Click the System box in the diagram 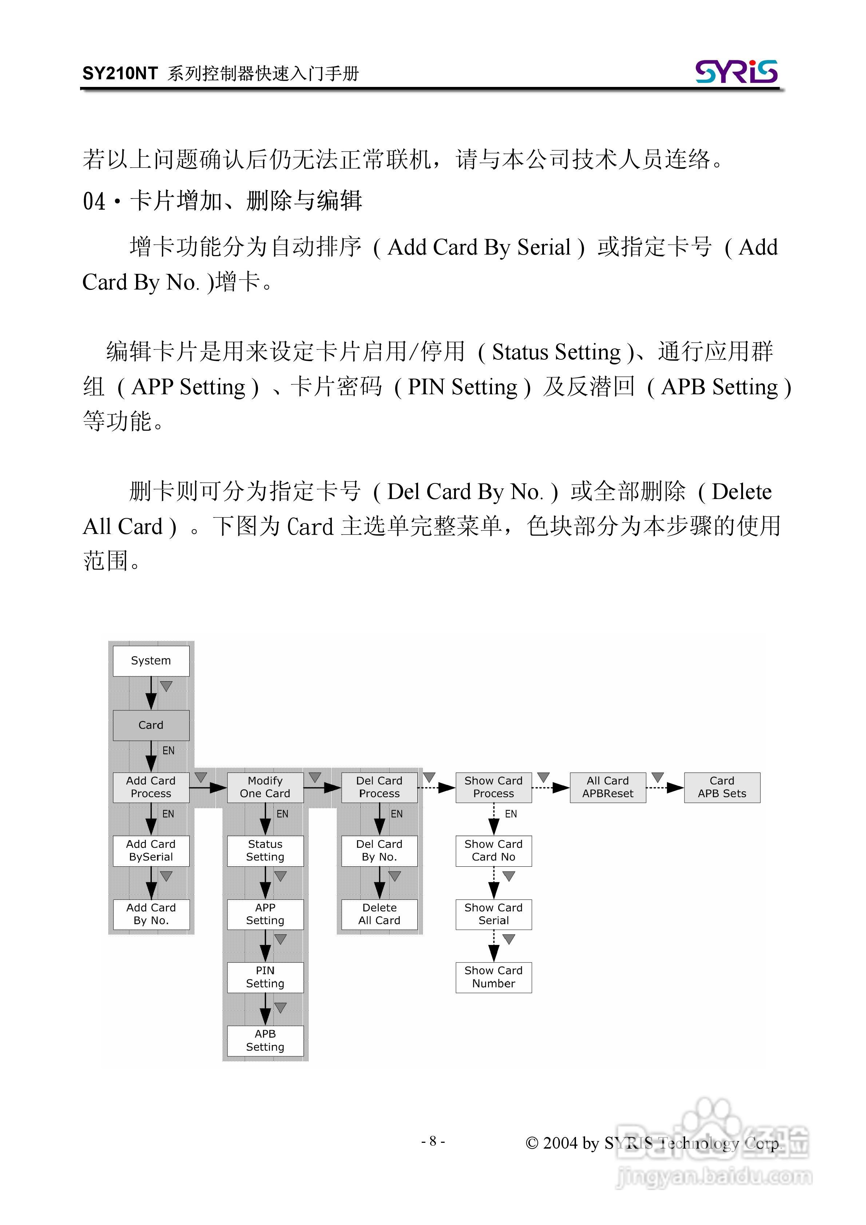151,661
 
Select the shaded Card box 151,725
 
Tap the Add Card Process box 151,787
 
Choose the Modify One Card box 265,787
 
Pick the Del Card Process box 379,787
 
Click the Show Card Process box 493,787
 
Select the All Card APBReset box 608,787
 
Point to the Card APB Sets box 722,787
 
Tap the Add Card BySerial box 151,850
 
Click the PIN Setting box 265,977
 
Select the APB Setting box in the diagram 265,1040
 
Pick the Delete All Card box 379,914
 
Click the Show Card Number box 493,977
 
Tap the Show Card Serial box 493,914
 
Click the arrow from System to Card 151,693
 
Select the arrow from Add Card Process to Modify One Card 208,787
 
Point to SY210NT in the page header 120,73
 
